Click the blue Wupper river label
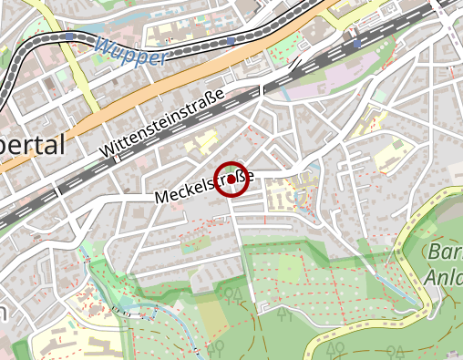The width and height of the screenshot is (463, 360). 130,51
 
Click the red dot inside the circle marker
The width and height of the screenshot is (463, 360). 231,180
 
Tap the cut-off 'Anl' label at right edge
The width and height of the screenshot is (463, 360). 443,276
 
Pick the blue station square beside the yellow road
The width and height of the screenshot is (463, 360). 70,37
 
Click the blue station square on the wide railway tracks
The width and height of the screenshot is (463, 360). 356,43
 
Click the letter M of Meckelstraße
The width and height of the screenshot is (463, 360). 161,197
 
